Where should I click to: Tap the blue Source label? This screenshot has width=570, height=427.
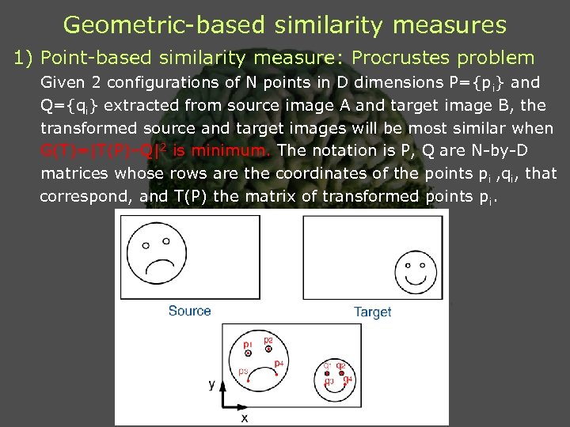click(x=189, y=311)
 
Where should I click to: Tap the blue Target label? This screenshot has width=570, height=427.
click(x=372, y=312)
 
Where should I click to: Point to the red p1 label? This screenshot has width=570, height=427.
click(x=248, y=345)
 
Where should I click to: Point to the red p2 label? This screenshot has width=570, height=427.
click(x=268, y=339)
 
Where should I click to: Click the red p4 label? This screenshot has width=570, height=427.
click(x=278, y=364)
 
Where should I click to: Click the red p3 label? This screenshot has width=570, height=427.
click(x=243, y=371)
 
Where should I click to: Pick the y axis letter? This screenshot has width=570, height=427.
click(x=211, y=384)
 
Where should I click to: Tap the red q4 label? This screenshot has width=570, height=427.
click(x=347, y=380)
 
